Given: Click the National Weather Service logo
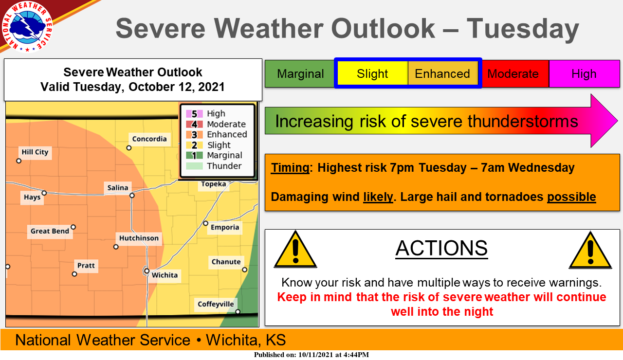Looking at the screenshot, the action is coord(27,27).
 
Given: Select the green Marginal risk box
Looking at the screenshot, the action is coord(300,73).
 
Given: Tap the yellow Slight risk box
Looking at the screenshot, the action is coord(372,73).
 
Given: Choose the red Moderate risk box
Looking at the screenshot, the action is coord(513,73).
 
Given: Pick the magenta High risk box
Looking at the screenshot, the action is coord(585,73).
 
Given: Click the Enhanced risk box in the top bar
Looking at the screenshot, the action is coord(443,73).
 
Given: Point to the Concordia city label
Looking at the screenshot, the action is coord(149,139).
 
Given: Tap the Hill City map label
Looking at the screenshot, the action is coord(35,152).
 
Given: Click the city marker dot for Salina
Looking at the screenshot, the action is coord(132,196).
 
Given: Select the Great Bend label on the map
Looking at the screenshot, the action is coord(50,231).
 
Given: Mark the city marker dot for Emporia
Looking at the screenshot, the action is coord(205,223).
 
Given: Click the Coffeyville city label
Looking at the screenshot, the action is coord(216,304).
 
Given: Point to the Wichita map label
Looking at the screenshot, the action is coord(165,275).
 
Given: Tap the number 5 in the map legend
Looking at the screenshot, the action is coord(194,114).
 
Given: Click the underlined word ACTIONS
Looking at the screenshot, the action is coord(441,248).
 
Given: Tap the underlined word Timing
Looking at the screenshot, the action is coord(290,168).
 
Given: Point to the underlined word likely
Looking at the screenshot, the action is coord(378,197).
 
